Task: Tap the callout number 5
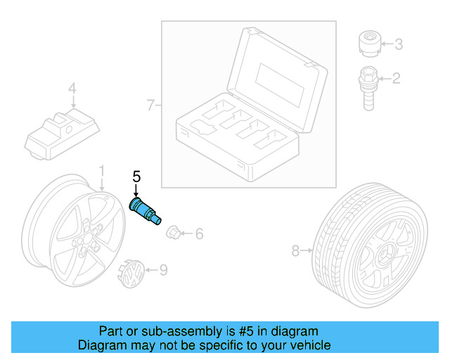coord(136,176)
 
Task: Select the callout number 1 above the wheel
coord(101,171)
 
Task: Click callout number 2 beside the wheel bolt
coord(396,78)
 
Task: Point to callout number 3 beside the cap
coord(398,45)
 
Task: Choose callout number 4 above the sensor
coord(71,89)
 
